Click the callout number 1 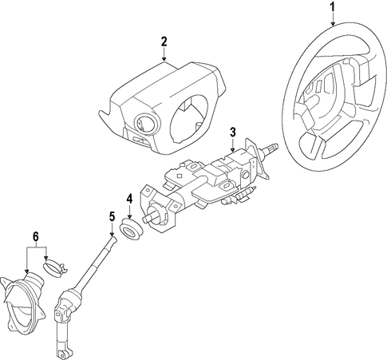point(333,7)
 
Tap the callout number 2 point(164,42)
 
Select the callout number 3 point(233,133)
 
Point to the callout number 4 point(129,199)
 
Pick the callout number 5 point(112,216)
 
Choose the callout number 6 point(36,236)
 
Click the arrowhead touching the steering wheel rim point(333,24)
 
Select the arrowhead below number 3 point(233,150)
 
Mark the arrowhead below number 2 point(164,59)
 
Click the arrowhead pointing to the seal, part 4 point(129,217)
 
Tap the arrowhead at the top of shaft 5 point(113,234)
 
